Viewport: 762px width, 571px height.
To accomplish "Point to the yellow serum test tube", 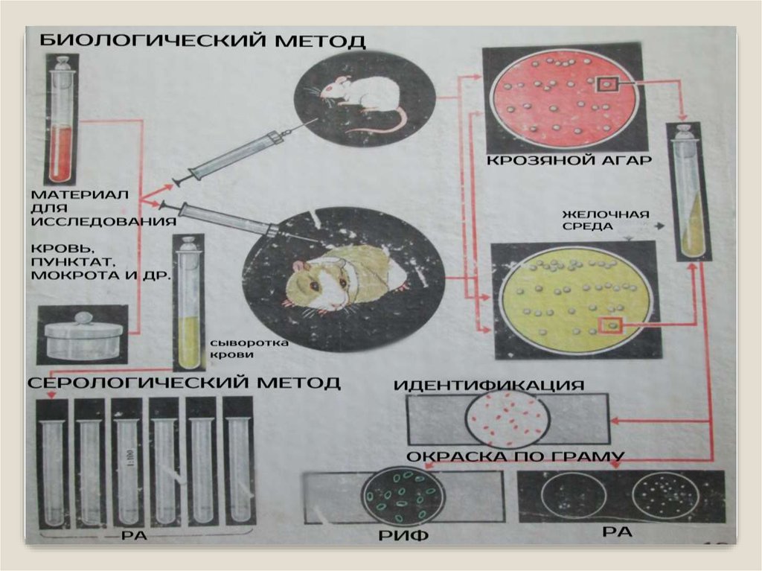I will (188, 305).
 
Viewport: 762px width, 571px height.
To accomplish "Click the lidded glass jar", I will (83, 335).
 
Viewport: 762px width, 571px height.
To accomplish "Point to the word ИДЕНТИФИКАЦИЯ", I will (488, 385).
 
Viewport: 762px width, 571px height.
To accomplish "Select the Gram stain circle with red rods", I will (508, 419).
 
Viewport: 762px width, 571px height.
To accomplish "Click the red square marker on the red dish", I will (607, 85).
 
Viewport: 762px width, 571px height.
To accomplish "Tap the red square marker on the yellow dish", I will (611, 324).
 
